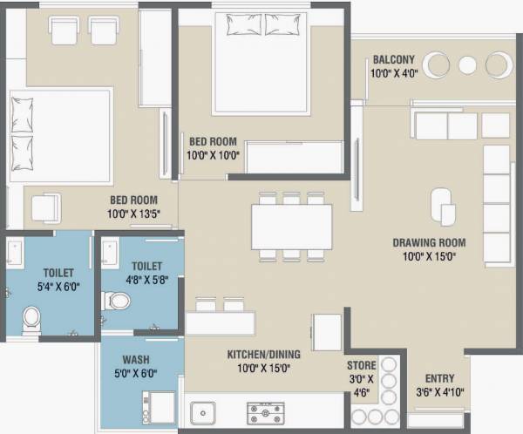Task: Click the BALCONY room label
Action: [x=393, y=59]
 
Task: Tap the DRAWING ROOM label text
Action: [x=429, y=242]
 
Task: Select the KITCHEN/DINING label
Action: [x=263, y=355]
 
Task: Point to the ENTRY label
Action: [x=438, y=378]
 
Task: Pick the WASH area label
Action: [x=134, y=359]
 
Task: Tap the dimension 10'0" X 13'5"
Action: [x=134, y=213]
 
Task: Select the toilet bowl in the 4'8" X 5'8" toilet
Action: [x=117, y=302]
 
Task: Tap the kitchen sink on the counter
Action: [x=203, y=411]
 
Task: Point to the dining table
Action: [x=292, y=227]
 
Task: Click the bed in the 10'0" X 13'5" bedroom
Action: [x=59, y=135]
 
